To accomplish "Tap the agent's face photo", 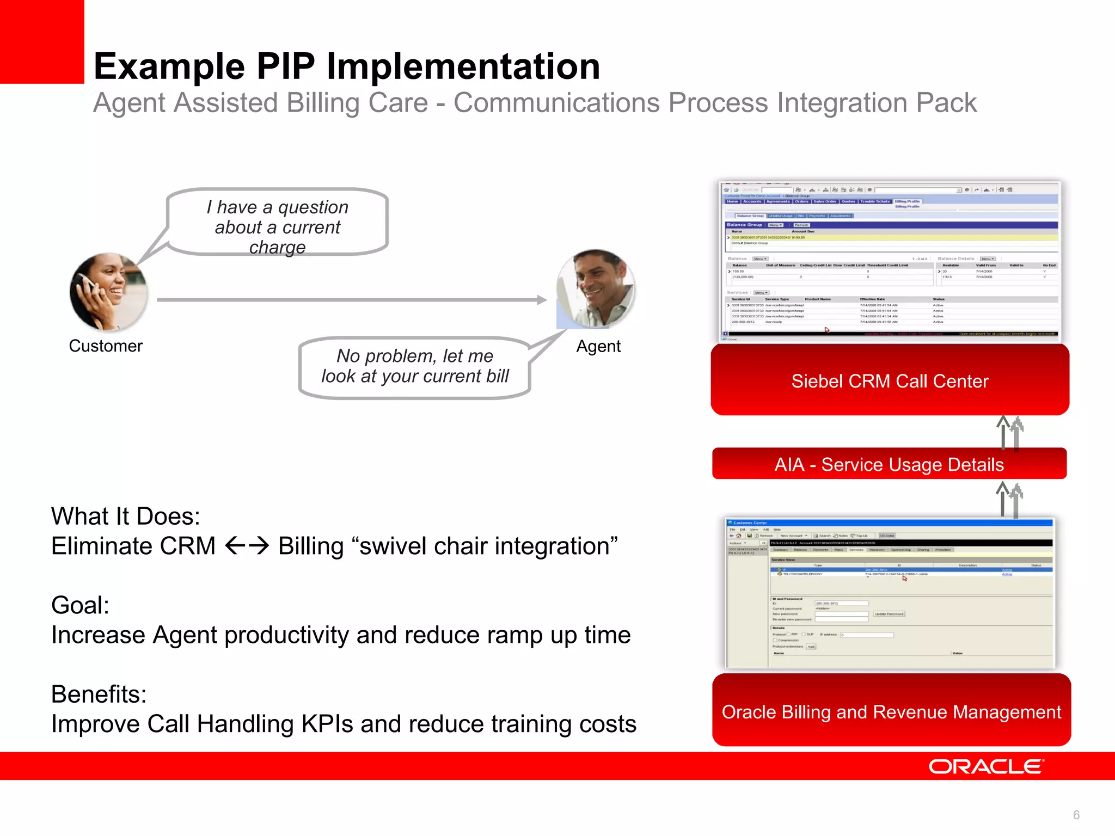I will pos(596,289).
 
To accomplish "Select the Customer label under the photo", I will pos(106,346).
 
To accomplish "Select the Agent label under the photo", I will pos(598,347).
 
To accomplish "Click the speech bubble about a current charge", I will pos(278,222).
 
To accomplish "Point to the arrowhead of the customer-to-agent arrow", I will pos(542,299).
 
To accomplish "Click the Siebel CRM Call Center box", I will pos(890,380).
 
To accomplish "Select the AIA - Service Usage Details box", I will pos(889,464).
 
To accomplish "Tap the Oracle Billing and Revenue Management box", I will pos(891,711).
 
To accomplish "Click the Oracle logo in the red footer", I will pos(986,767).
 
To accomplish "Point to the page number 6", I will pos(1076,815).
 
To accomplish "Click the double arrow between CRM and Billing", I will pos(247,545).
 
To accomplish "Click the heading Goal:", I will pos(81,605).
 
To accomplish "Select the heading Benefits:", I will pos(99,694).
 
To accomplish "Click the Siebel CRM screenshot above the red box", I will pos(890,261).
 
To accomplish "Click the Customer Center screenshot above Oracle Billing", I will pos(890,593).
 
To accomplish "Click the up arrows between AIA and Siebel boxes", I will pos(1010,432).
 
